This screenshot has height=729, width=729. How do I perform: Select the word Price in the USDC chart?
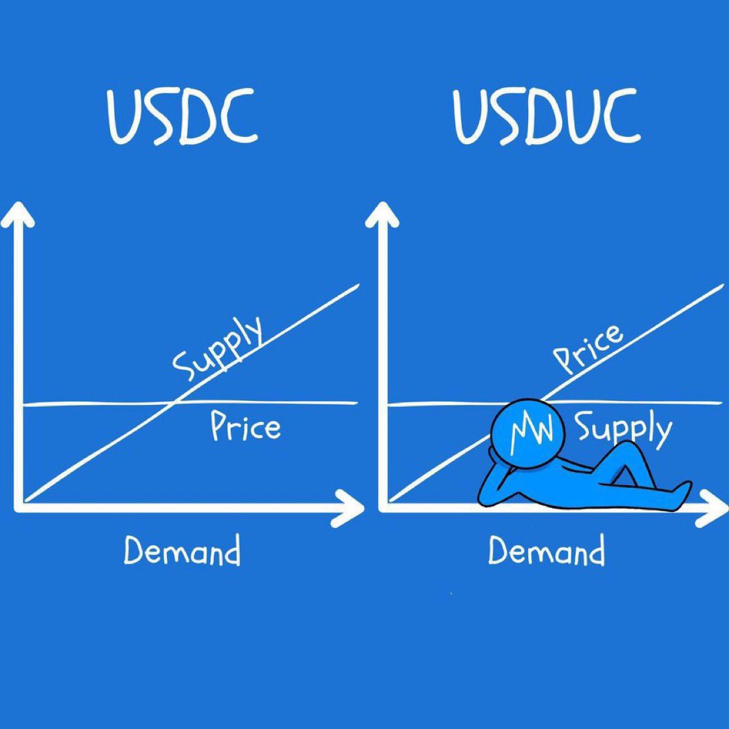(x=245, y=428)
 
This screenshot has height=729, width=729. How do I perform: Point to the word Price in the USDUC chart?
(x=588, y=350)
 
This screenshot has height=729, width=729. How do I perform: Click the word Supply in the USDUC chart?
(x=623, y=430)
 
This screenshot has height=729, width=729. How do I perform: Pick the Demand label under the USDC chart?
(x=182, y=552)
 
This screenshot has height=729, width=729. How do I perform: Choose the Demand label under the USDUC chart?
(x=546, y=552)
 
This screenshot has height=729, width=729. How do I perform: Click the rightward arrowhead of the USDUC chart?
(x=711, y=509)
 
